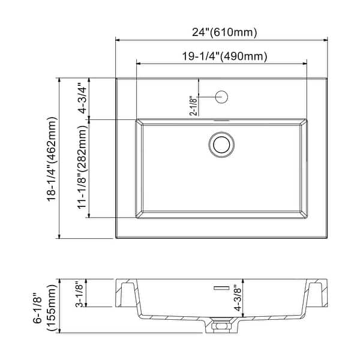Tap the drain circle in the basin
pyautogui.click(x=221, y=144)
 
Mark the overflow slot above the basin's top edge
pyautogui.click(x=221, y=120)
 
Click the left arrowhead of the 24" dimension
pyautogui.click(x=118, y=40)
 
